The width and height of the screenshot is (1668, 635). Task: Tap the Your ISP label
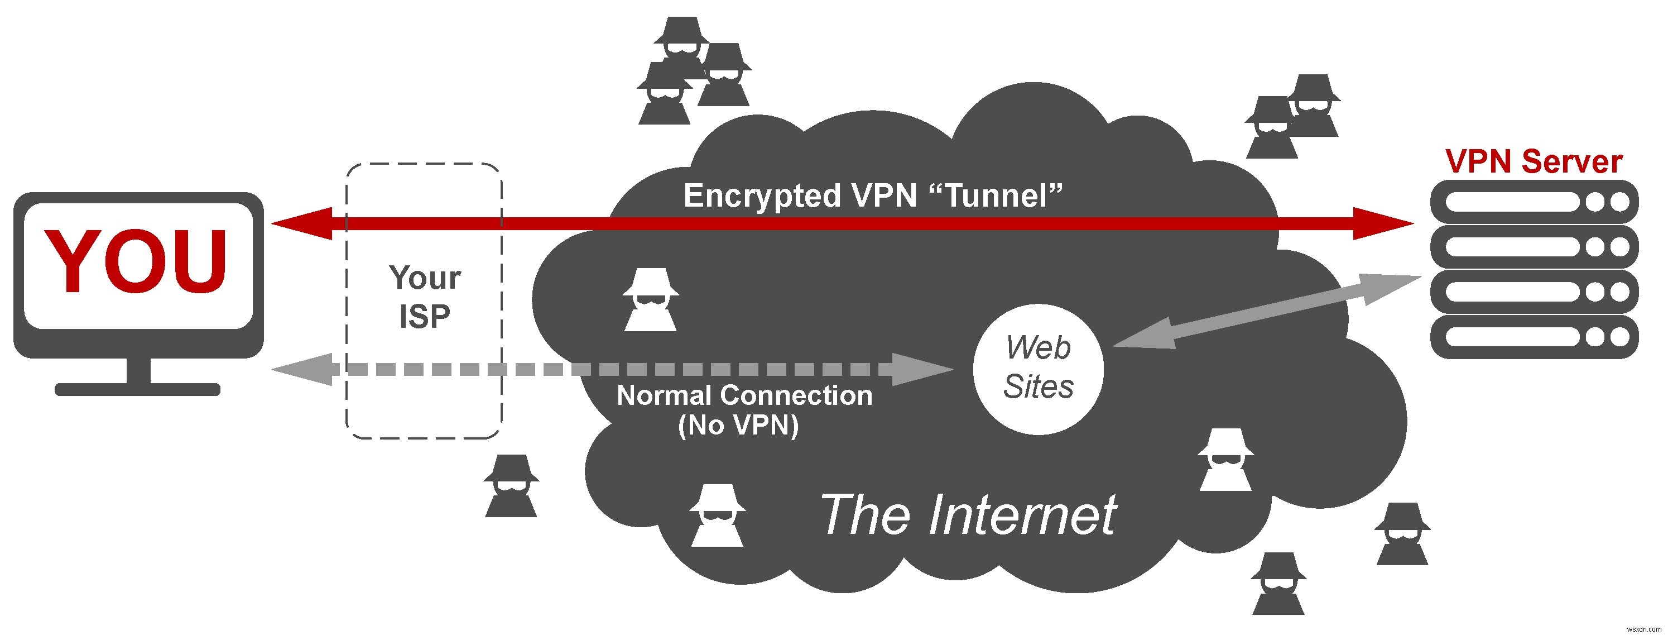tap(424, 297)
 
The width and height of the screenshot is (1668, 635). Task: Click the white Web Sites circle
tap(1038, 368)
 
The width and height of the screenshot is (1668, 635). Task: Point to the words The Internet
tap(968, 515)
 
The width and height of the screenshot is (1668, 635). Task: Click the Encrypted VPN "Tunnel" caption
tap(873, 195)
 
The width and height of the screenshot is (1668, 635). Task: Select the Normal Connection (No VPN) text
tap(743, 409)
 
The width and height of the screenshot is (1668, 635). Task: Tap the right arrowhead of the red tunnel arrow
tap(1382, 224)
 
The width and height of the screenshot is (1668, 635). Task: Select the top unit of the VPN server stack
tap(1534, 202)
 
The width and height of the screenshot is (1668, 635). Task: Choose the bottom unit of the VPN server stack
tap(1534, 337)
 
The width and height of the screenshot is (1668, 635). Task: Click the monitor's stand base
tap(137, 389)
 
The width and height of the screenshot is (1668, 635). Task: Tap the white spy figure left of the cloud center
tap(650, 300)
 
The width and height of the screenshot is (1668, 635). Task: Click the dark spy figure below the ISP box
tap(511, 486)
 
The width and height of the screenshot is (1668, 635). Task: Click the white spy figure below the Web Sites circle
tap(1224, 460)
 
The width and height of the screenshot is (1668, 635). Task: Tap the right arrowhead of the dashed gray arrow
tap(922, 369)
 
